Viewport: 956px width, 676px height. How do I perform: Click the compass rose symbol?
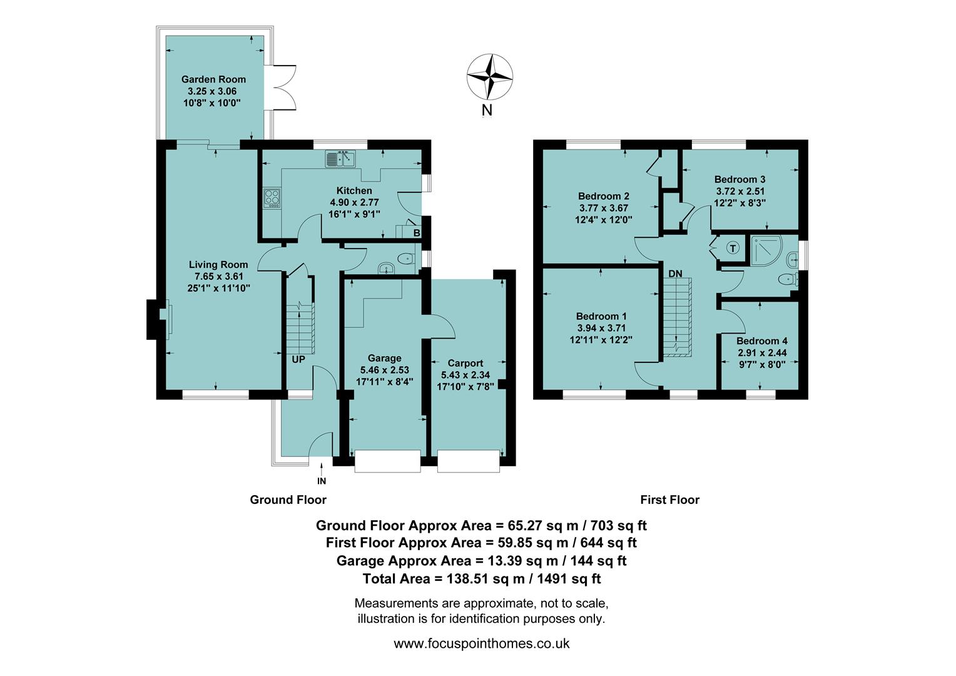[x=490, y=76]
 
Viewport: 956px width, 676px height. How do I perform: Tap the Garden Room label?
[x=213, y=79]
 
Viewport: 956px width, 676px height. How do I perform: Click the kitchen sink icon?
[x=340, y=159]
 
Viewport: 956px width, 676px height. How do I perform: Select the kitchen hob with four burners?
[x=272, y=198]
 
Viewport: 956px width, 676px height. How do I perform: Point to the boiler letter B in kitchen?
[x=417, y=233]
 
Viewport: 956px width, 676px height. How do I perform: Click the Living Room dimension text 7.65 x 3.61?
[x=218, y=276]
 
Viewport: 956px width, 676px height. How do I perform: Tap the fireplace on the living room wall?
[x=164, y=320]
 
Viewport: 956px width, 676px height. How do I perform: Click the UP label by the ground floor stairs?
[x=298, y=359]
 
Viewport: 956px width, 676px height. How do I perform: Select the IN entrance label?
[x=322, y=481]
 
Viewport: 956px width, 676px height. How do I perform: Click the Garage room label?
[x=384, y=358]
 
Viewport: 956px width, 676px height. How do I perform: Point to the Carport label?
[x=465, y=363]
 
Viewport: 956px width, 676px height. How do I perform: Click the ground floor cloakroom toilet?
[x=406, y=258]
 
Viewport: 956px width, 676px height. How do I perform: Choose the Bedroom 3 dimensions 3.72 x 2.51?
[x=740, y=191]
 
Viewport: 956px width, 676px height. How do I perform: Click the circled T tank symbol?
[x=732, y=248]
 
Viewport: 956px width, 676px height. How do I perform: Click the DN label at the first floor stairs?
[x=675, y=274]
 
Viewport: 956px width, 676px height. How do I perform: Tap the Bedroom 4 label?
[x=761, y=341]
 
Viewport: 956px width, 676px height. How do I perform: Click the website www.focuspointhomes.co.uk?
[x=481, y=643]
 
